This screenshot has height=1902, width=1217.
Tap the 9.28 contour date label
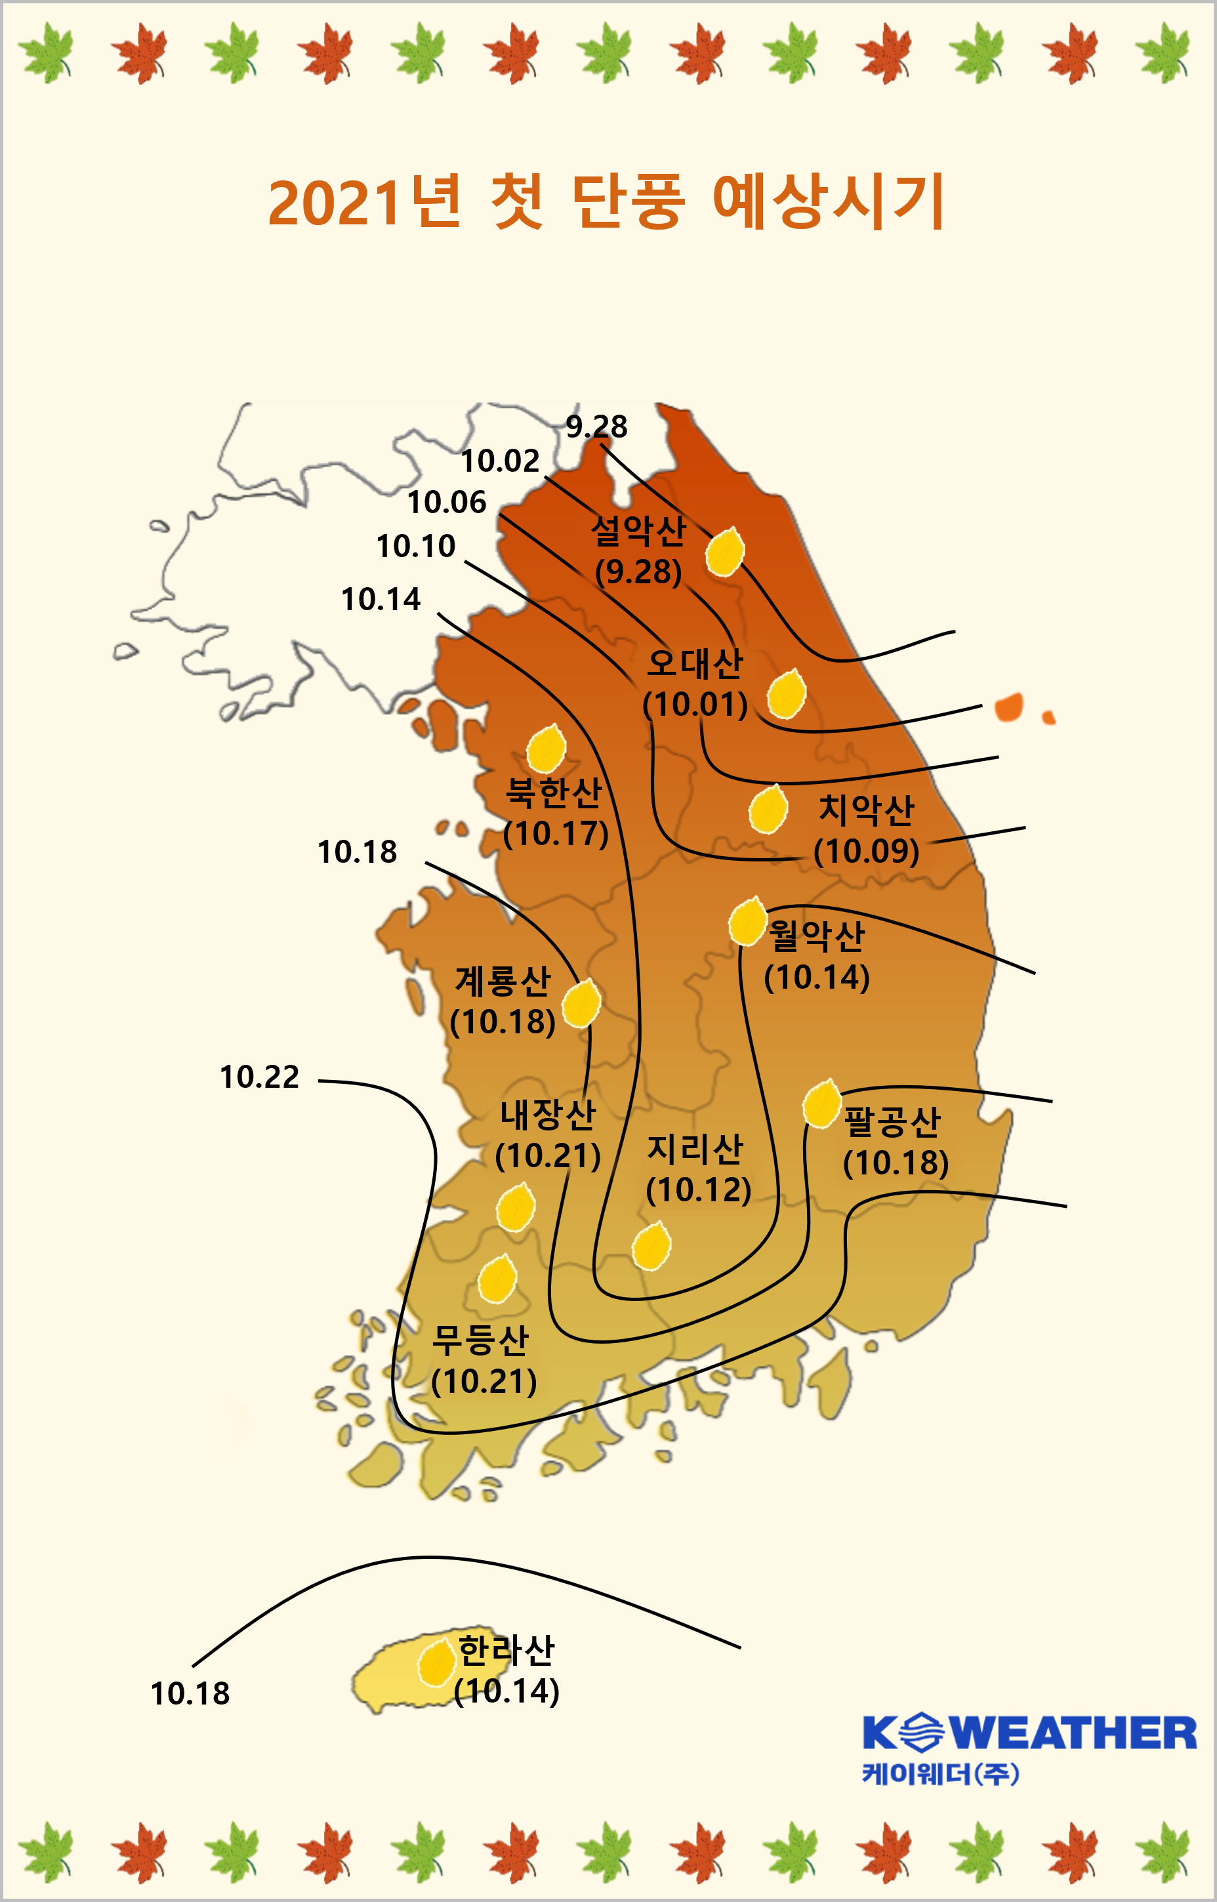(596, 426)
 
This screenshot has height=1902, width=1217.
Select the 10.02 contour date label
(499, 461)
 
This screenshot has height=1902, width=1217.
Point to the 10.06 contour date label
(447, 503)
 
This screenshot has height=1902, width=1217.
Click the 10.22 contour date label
(259, 1077)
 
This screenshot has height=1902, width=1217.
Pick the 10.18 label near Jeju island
(190, 1693)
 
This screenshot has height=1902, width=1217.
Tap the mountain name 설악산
(638, 530)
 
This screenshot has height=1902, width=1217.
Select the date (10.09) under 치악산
(866, 851)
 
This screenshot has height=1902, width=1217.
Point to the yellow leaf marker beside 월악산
(747, 921)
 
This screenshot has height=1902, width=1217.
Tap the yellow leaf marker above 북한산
(546, 749)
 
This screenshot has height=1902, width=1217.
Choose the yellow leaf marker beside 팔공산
(821, 1103)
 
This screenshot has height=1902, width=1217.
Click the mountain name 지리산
(695, 1149)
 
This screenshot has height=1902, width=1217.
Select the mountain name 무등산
(480, 1340)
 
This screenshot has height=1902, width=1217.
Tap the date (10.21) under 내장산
(548, 1156)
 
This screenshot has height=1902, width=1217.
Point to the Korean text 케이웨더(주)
(940, 1774)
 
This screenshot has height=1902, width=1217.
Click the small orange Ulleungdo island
(1009, 707)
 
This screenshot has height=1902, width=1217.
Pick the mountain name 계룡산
(503, 982)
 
